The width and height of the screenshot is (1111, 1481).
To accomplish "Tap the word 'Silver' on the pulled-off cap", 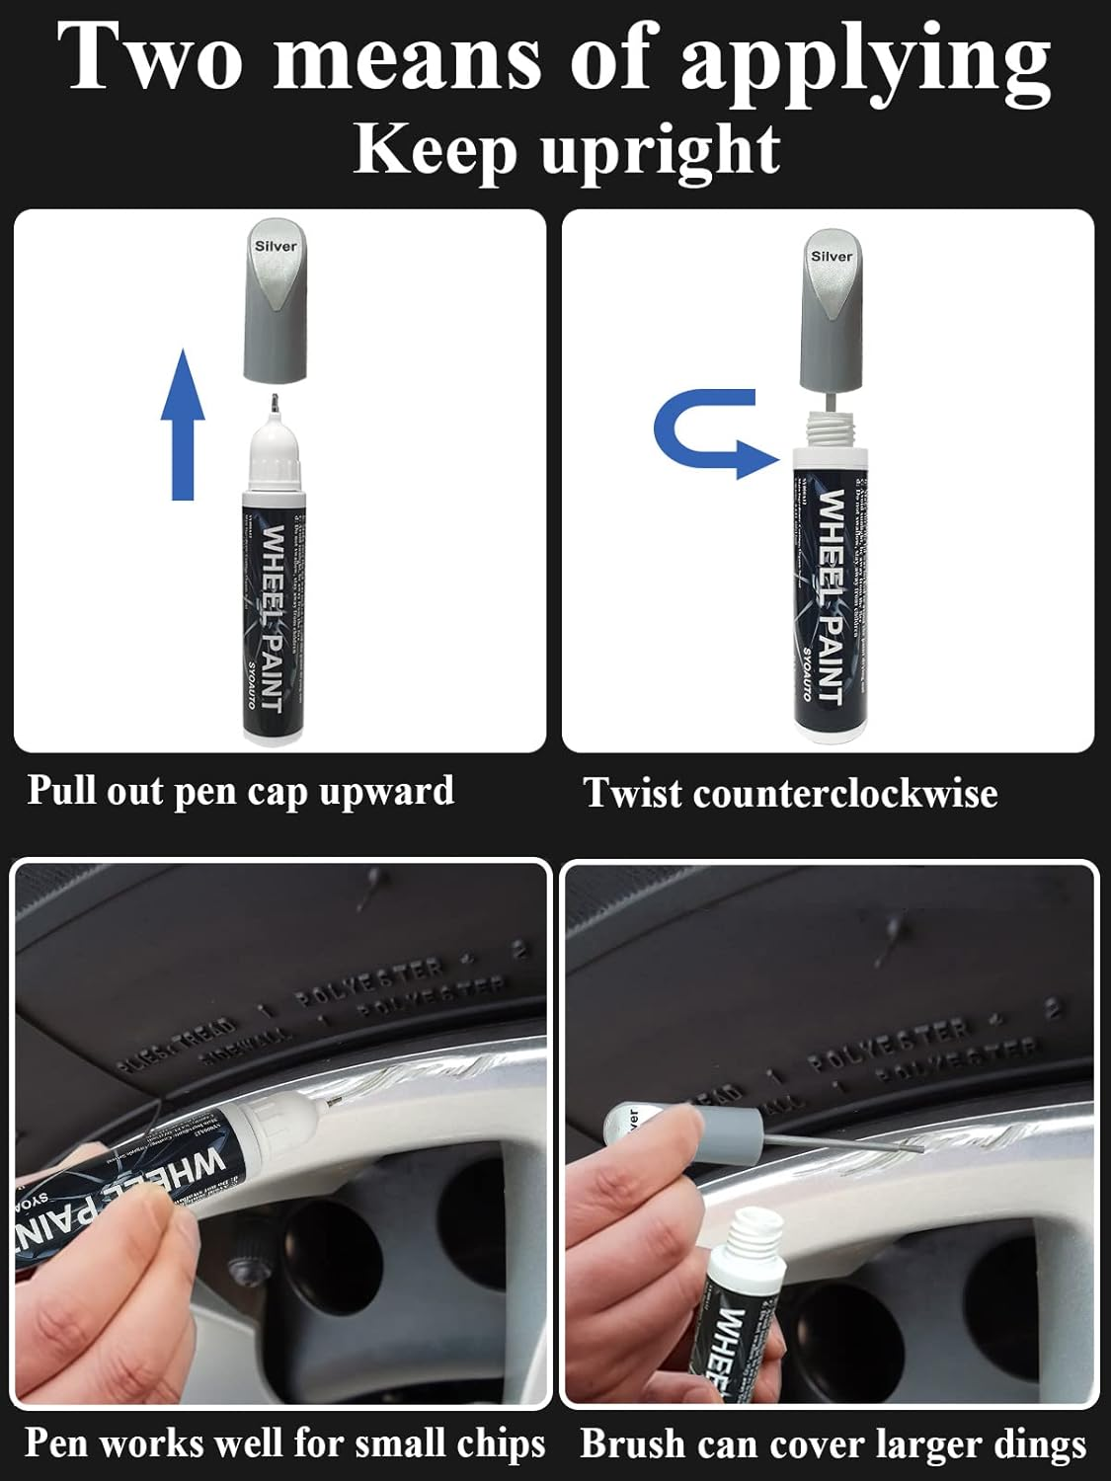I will pos(276,246).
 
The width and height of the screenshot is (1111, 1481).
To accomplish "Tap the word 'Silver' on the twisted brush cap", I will pos(831,256).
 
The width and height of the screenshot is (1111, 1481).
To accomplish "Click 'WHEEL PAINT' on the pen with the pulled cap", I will pos(273,617).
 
